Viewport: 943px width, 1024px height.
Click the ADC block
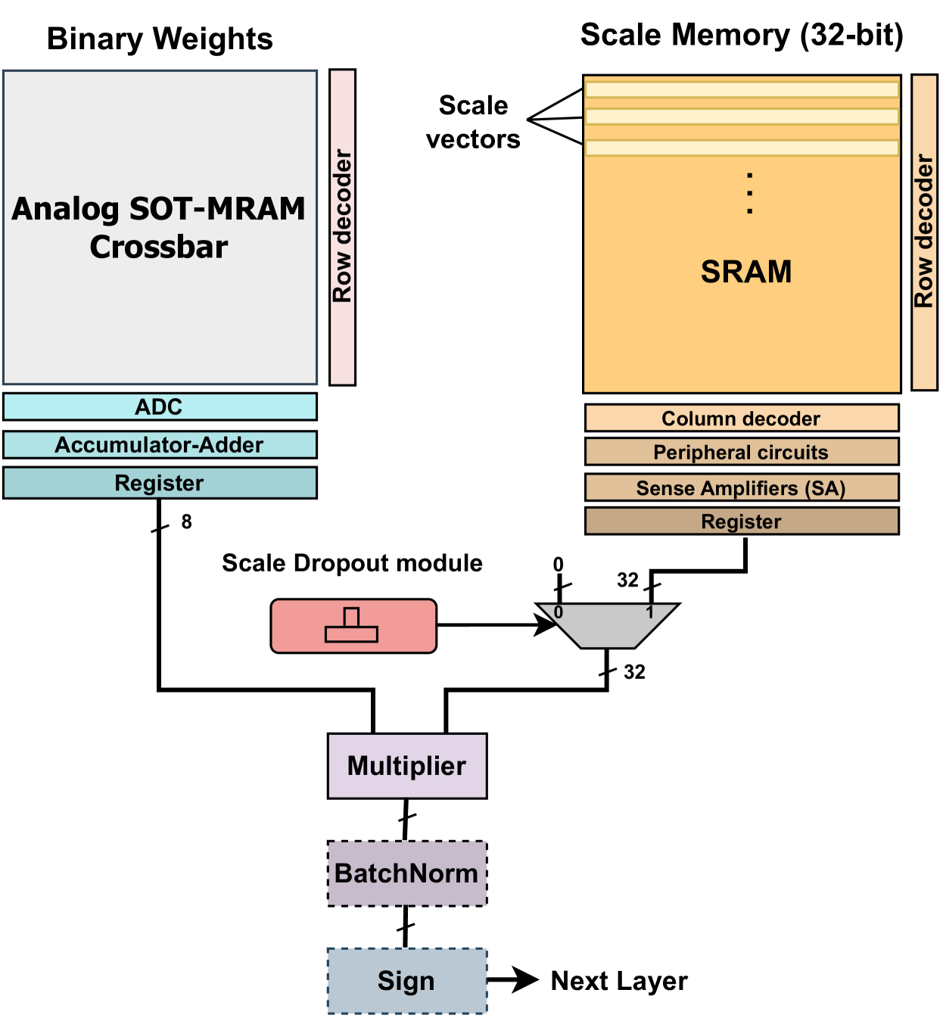tap(160, 406)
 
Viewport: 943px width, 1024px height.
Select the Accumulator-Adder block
tap(160, 445)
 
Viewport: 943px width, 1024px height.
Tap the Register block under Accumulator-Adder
tap(160, 483)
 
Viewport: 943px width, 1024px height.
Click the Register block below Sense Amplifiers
tap(742, 521)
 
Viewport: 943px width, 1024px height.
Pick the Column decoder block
tap(742, 418)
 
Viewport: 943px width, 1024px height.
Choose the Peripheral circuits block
tap(742, 452)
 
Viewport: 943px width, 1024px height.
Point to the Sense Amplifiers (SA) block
tap(742, 488)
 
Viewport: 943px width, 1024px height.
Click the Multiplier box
tap(407, 766)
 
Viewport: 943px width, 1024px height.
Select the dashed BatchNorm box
tap(407, 873)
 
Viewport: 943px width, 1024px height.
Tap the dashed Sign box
tap(407, 981)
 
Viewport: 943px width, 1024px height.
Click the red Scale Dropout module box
tap(353, 626)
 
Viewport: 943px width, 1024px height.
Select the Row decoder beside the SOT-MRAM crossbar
tap(343, 227)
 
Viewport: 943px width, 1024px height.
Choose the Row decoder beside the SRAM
tap(924, 232)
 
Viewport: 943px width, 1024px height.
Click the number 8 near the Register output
tap(186, 521)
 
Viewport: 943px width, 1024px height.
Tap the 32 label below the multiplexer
tap(634, 672)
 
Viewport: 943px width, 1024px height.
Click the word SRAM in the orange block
tap(746, 272)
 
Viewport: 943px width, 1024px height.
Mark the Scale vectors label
tap(474, 122)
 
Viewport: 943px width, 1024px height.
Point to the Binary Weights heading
tap(160, 39)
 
